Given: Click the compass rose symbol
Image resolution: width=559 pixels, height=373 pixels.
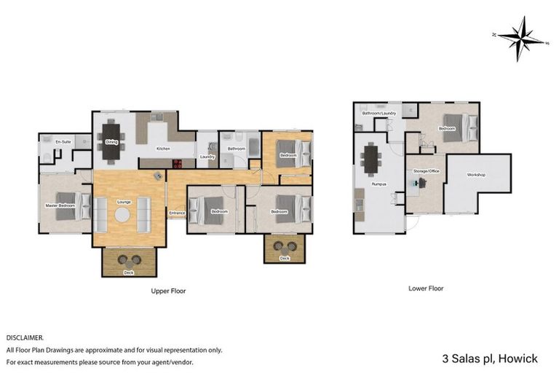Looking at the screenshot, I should point(521,38).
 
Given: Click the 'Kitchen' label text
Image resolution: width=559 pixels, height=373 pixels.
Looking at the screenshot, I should point(164,149).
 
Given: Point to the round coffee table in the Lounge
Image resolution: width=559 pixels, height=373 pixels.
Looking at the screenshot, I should point(122,214).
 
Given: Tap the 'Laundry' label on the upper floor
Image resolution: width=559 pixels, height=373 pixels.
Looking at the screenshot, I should point(206,156).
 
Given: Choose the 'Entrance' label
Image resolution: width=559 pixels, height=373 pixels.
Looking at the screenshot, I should point(176,213).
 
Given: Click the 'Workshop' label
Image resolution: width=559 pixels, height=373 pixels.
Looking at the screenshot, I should point(477,176).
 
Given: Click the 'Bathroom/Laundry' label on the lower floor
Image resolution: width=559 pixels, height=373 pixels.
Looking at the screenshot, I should point(378,114).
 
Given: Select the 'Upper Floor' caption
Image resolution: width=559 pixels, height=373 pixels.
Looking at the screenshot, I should point(168,291).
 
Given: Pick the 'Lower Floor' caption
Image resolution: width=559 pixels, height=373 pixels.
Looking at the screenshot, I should point(426,288).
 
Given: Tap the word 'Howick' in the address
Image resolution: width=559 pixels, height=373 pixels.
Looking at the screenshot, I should point(519,358).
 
